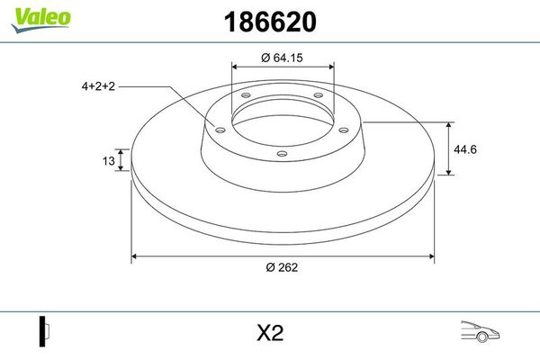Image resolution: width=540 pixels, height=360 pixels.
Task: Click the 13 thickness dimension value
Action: tap(109, 161)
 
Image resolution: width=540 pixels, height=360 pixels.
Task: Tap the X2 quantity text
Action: tap(270, 333)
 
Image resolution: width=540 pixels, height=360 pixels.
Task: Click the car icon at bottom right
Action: tap(480, 332)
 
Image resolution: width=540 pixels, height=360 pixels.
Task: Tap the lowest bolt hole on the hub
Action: tap(282, 154)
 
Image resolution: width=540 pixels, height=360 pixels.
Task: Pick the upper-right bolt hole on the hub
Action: tap(318, 98)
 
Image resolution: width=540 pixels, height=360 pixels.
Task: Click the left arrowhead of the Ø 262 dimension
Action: tap(136, 257)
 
